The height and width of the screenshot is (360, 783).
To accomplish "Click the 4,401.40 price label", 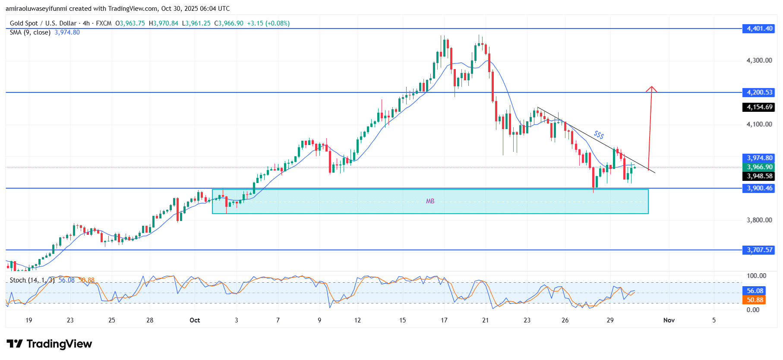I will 760,28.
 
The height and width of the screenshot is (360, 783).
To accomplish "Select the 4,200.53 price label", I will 760,92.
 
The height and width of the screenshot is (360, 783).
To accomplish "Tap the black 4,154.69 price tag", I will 760,107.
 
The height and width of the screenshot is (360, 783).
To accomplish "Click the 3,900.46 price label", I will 760,188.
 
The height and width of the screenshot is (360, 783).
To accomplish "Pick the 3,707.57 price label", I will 760,250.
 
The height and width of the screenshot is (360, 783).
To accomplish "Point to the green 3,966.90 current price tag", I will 760,167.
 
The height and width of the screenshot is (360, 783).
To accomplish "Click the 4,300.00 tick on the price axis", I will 759,60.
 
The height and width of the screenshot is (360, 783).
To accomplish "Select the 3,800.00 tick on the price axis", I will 759,220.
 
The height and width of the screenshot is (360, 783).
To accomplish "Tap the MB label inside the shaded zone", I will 430,201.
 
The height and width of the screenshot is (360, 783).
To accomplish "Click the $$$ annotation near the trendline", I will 599,135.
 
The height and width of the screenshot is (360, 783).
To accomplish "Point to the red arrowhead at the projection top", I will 651,89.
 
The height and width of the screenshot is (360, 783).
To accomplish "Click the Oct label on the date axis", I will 195,320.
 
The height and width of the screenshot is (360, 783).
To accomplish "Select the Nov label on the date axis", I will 669,320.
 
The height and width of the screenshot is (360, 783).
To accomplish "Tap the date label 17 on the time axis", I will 444,320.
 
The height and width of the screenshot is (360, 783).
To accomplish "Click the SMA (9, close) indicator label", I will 30,32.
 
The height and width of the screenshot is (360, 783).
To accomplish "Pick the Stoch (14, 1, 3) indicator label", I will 32,280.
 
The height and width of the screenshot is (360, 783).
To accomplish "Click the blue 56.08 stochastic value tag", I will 755,291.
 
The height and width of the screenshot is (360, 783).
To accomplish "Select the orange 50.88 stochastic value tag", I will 755,300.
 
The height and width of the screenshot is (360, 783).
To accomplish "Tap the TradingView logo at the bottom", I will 49,344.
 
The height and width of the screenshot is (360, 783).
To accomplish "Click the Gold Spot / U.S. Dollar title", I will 43,23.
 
